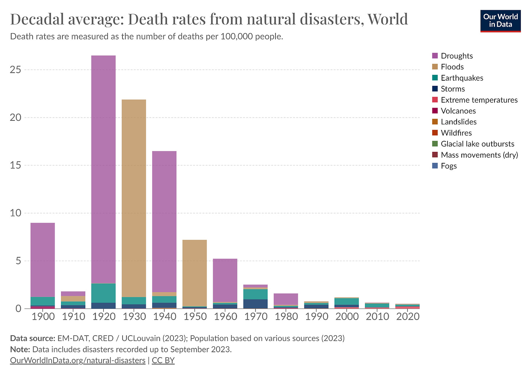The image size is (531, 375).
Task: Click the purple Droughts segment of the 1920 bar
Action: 104,168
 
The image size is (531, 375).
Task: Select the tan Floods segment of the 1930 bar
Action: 134,197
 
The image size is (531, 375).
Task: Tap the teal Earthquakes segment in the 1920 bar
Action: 104,293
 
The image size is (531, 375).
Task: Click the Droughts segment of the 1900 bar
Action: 43,259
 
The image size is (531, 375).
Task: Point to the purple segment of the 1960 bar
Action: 225,280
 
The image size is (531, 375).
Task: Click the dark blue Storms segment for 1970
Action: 255,304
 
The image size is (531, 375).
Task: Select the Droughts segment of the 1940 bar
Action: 164,221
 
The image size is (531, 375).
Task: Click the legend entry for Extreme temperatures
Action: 479,100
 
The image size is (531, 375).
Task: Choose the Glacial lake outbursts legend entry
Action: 477,144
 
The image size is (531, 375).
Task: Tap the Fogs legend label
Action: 449,166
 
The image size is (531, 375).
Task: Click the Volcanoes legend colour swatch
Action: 435,111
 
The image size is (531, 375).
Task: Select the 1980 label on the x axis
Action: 286,316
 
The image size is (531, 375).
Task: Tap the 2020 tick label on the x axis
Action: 408,316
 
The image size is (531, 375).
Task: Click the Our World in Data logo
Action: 500,21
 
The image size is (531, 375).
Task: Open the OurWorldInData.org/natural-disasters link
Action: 78,360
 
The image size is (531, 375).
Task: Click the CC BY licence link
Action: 163,360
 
